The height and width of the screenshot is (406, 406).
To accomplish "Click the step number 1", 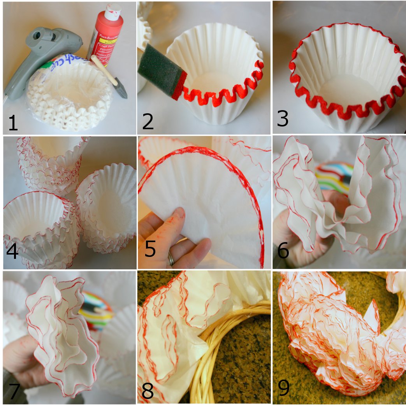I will click(x=13, y=122).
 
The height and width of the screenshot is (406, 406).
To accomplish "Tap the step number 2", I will click(x=148, y=121).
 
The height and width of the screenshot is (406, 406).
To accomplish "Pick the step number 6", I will click(x=283, y=251).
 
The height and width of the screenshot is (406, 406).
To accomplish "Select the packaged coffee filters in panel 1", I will click(x=70, y=93).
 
